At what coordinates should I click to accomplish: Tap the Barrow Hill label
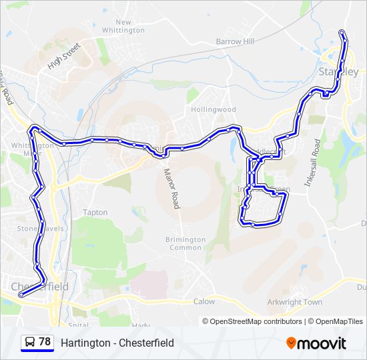click(235, 41)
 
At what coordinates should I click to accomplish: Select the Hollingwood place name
click(214, 109)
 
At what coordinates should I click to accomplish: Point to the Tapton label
click(95, 213)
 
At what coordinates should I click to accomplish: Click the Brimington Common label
click(186, 243)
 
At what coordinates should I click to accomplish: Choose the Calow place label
click(204, 301)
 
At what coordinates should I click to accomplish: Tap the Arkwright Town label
click(294, 302)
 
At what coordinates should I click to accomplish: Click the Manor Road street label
click(171, 188)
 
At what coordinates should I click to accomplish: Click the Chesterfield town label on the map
click(40, 287)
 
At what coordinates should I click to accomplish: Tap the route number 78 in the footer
click(45, 342)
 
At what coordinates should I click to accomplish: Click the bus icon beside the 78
click(30, 343)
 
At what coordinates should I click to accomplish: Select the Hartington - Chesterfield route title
click(117, 343)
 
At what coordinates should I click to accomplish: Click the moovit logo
click(316, 343)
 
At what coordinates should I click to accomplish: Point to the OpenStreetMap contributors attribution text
click(256, 321)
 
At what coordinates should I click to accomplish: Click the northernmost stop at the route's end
click(342, 33)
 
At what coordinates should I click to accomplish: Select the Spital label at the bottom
click(78, 325)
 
